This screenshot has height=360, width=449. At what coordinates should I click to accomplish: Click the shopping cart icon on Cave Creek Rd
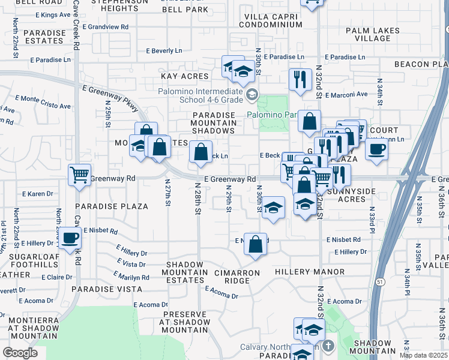pyautogui.click(x=79, y=175)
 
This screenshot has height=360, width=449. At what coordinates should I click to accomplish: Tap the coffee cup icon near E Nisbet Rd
pyautogui.click(x=70, y=238)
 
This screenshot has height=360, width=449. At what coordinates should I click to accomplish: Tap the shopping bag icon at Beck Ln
pyautogui.click(x=201, y=152)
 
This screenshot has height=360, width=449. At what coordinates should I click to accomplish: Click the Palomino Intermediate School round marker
pyautogui.click(x=252, y=94)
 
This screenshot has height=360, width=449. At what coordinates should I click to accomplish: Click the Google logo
pyautogui.click(x=20, y=352)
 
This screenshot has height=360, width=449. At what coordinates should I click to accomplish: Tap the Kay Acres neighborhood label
pyautogui.click(x=184, y=76)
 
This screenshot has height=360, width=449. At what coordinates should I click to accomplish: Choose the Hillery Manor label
pyautogui.click(x=310, y=272)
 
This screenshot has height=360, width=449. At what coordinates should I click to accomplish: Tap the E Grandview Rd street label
pyautogui.click(x=106, y=27)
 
